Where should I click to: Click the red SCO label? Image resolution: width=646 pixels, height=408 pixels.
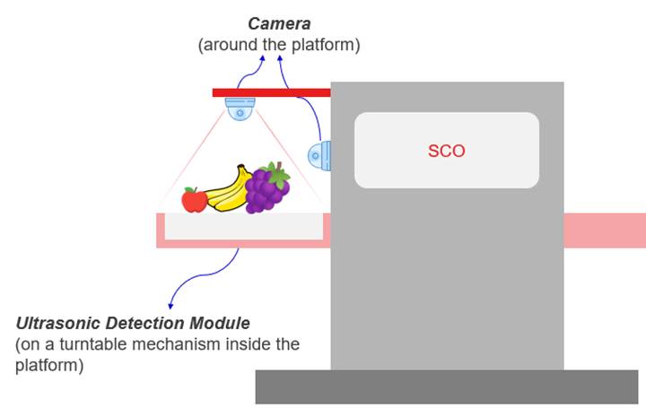point(446,151)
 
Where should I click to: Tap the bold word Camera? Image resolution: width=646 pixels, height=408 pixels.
point(278,25)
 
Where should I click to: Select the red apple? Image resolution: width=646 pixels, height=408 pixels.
point(195,200)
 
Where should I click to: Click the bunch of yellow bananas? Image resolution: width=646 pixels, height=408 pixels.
point(231,189)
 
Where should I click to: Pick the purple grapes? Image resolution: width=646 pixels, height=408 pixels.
point(266,189)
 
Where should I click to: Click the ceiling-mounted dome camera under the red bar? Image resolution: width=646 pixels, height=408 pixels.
point(240,109)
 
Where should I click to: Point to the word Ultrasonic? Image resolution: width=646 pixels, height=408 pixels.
point(57,322)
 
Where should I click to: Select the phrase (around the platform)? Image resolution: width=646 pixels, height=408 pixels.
point(278,45)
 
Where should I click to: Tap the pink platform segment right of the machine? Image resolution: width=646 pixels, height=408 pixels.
point(604,230)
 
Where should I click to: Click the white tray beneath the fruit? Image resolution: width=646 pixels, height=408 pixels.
point(242,227)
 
